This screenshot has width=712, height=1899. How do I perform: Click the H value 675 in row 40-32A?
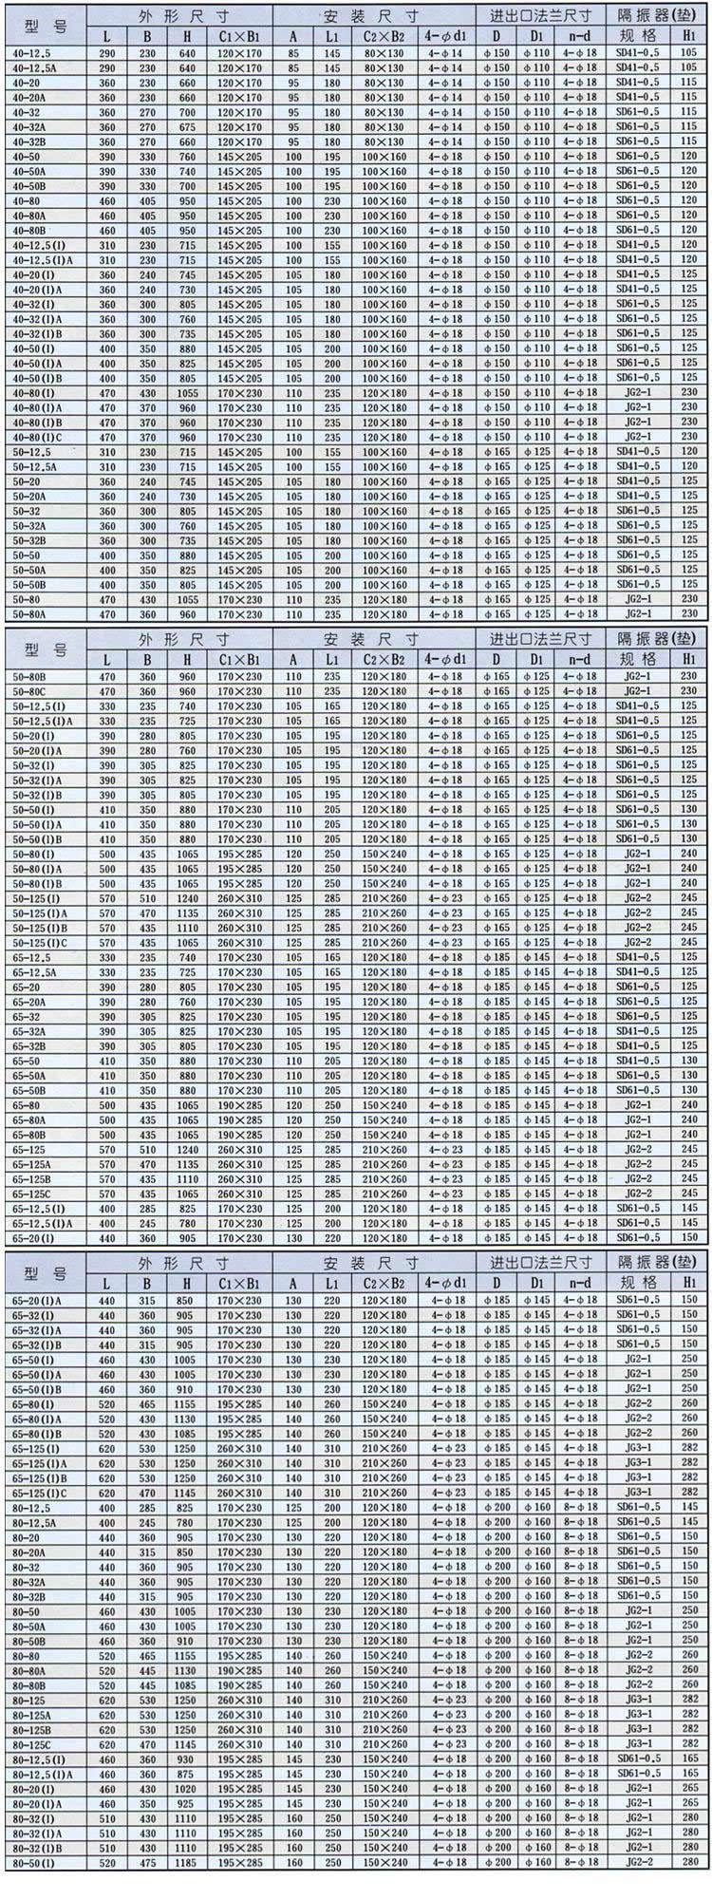pyautogui.click(x=187, y=127)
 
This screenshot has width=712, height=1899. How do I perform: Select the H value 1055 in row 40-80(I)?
pyautogui.click(x=187, y=393)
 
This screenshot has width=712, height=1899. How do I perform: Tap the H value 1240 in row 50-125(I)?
pyautogui.click(x=187, y=898)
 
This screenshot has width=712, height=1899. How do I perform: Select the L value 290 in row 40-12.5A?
pyautogui.click(x=106, y=68)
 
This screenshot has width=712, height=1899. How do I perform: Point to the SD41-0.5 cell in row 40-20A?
pyautogui.click(x=637, y=97)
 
